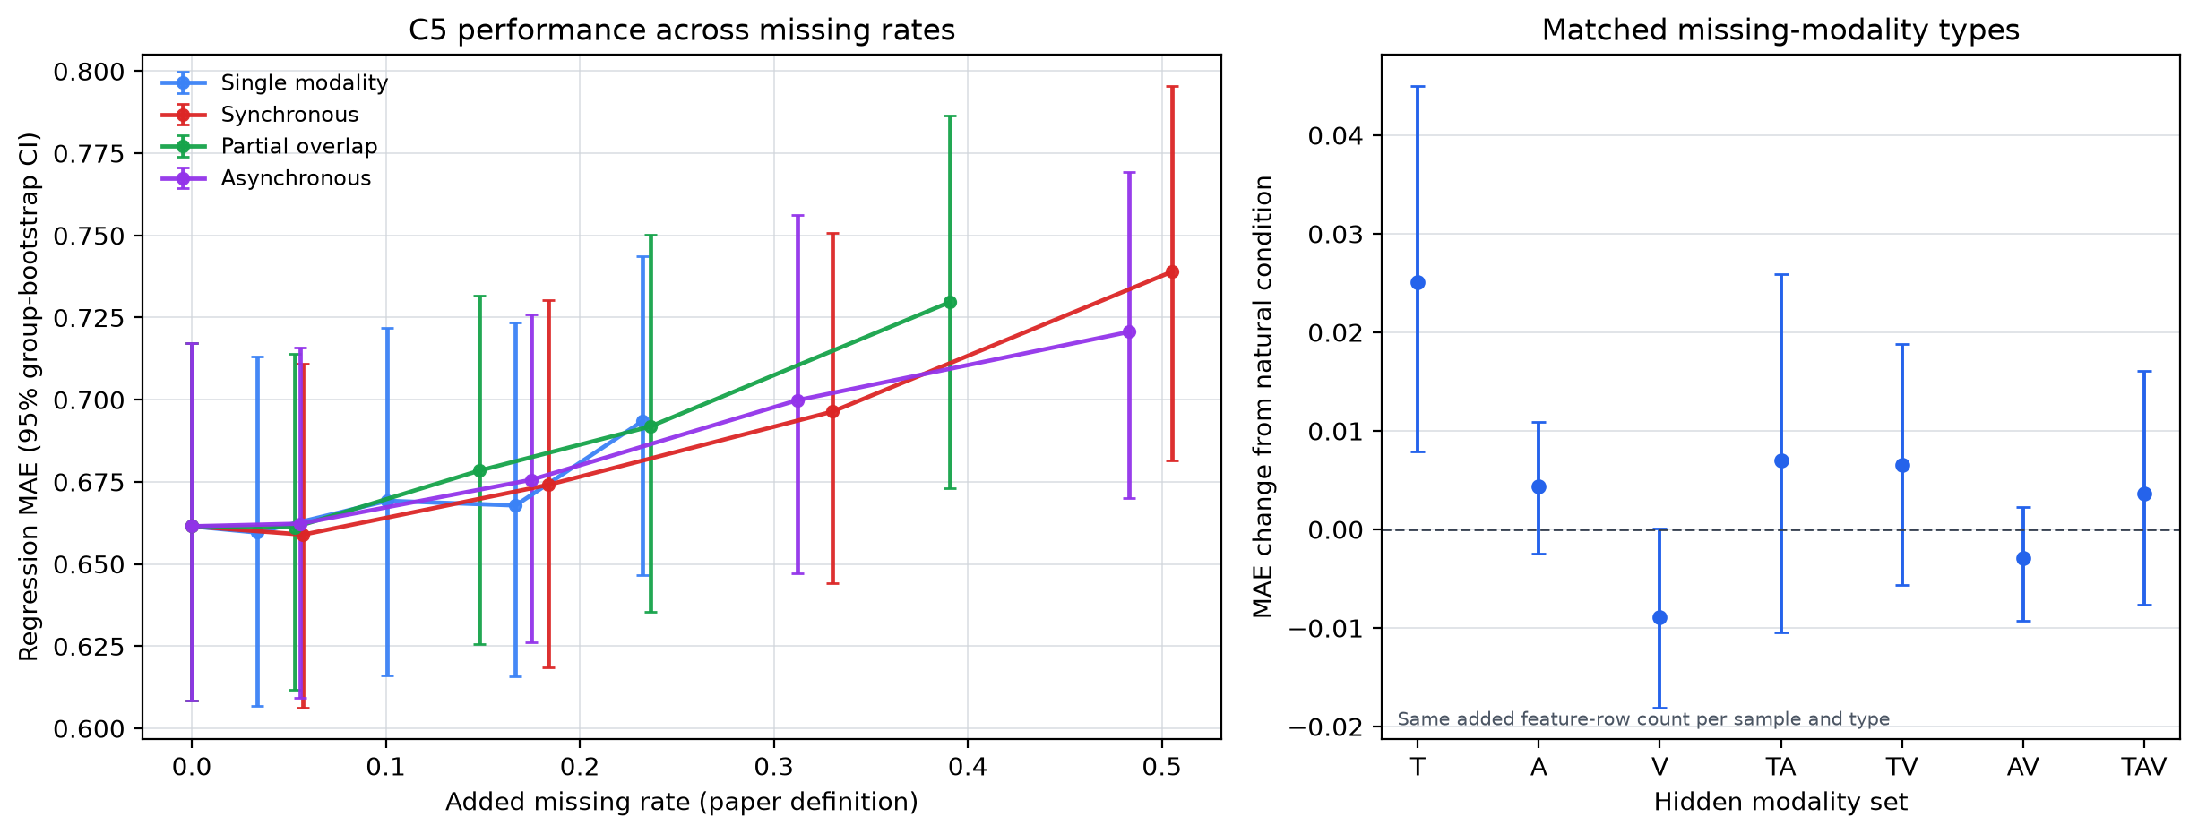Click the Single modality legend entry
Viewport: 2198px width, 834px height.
(x=274, y=83)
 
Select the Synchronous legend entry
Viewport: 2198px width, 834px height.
(x=259, y=115)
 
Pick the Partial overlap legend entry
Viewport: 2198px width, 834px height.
(x=269, y=147)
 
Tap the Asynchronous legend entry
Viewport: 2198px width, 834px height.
(x=265, y=178)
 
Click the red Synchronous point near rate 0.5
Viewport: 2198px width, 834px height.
(x=1172, y=271)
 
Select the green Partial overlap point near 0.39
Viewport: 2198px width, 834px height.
(x=951, y=302)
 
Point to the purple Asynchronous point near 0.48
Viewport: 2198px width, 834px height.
(x=1129, y=331)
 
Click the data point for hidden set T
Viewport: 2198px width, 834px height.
(x=1418, y=282)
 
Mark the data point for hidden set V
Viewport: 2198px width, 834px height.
(x=1659, y=617)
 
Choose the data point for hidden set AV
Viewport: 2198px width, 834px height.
(x=2023, y=558)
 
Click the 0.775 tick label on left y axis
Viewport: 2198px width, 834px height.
(x=91, y=154)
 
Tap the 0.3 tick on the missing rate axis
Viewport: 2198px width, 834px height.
(x=773, y=768)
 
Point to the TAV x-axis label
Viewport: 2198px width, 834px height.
(x=2144, y=768)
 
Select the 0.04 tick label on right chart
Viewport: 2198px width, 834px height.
(x=1335, y=136)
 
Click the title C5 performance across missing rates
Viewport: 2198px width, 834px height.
(x=682, y=30)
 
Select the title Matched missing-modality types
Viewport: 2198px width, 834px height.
(x=1780, y=30)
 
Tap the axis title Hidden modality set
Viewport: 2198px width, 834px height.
(x=1780, y=802)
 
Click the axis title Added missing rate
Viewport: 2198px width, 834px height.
(x=682, y=802)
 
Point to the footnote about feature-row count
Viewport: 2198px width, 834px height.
(x=1643, y=719)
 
